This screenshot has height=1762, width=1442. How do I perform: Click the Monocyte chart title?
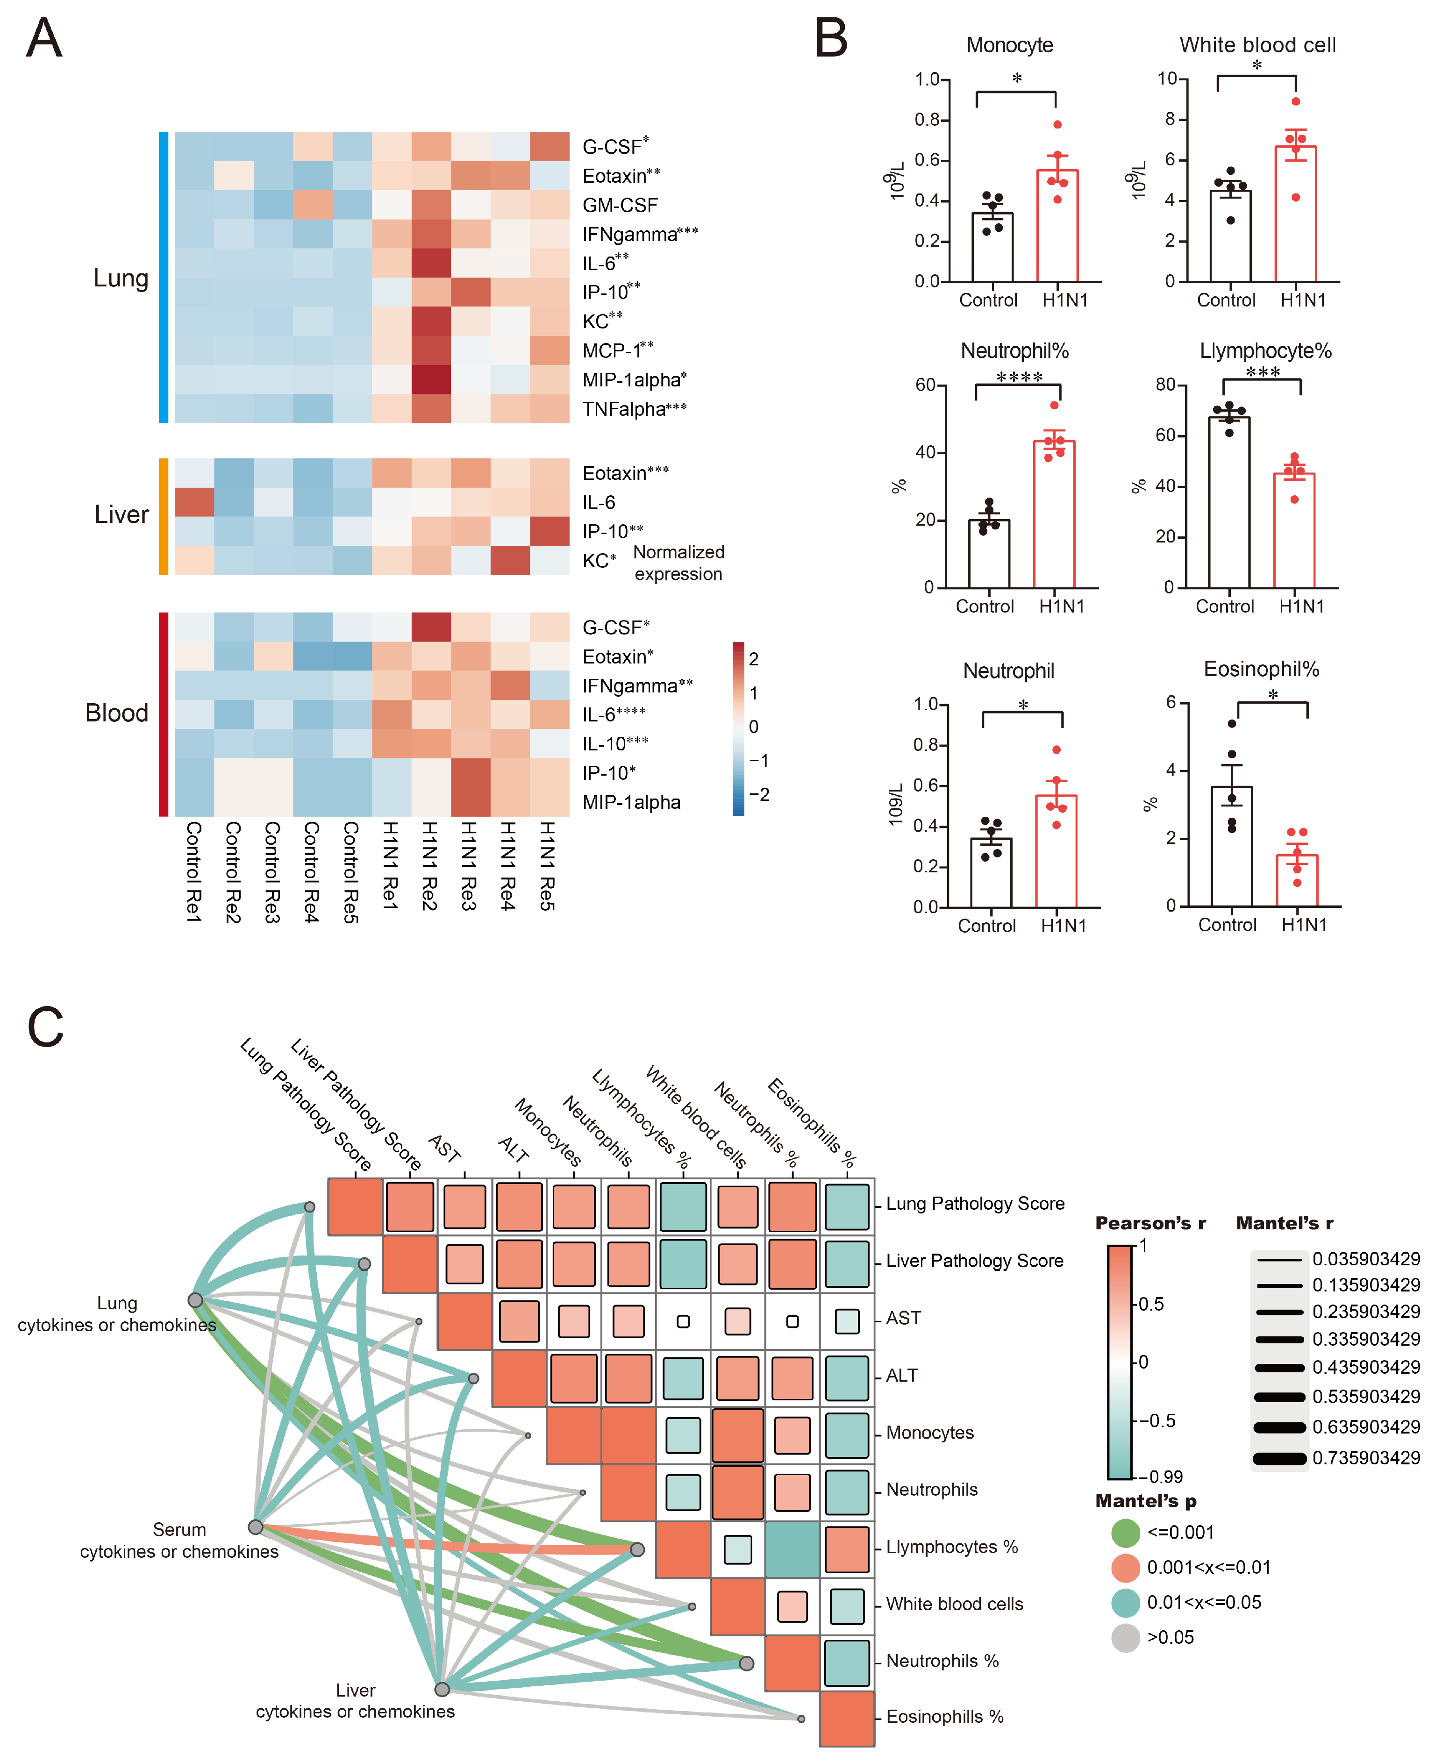[1009, 45]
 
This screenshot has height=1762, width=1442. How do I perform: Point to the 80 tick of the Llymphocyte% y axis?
[1165, 385]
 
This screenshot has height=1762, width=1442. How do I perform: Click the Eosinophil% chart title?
[1261, 669]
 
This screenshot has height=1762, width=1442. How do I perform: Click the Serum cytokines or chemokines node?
[256, 1527]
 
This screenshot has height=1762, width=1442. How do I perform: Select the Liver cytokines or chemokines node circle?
[443, 1689]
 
